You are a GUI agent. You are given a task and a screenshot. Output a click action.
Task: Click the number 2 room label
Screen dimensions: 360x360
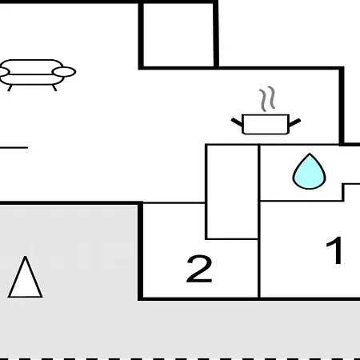point(199,269)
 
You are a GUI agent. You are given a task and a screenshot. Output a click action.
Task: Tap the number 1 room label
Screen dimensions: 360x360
point(334,250)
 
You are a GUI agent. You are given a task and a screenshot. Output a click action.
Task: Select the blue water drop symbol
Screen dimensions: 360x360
point(309,171)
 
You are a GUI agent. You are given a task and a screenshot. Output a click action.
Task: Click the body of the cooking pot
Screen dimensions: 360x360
point(266,124)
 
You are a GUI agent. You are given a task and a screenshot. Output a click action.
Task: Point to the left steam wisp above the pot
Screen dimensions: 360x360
point(263,101)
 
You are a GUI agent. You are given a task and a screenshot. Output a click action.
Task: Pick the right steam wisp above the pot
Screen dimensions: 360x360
point(271,98)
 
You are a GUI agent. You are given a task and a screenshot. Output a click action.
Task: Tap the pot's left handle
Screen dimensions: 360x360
point(237,122)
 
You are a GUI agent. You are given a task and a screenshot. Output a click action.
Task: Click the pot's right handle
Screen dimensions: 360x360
point(294,122)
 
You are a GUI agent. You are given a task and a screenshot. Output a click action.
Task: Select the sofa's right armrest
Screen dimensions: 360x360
point(64,72)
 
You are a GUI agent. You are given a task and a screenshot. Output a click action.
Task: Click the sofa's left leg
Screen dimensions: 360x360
point(10,88)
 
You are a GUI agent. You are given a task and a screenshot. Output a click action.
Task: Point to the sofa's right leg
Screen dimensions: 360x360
point(54,88)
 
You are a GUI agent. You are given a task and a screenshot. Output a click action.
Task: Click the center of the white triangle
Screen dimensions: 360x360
point(25,282)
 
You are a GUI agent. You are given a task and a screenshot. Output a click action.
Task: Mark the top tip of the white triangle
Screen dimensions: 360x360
point(26,257)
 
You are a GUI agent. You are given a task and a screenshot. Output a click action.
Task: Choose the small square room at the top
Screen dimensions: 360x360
point(178,35)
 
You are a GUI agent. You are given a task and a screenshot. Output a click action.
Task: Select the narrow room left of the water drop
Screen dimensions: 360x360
point(232,192)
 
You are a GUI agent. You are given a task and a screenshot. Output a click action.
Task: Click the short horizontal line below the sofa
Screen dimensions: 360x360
point(14,147)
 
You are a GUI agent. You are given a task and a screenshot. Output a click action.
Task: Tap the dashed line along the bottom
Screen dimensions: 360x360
point(180,359)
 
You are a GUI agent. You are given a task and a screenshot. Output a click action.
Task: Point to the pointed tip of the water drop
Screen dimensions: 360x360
point(310,154)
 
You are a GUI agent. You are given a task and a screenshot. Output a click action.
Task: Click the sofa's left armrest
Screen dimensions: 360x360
point(3,72)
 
